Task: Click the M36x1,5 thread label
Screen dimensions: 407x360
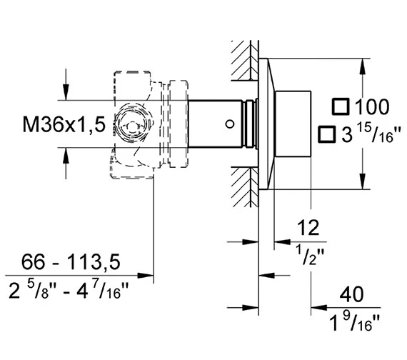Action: tap(64, 124)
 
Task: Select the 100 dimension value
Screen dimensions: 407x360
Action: tap(372, 106)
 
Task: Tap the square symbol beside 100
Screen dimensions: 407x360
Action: tap(341, 106)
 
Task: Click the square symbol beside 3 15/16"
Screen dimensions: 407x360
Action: tap(327, 134)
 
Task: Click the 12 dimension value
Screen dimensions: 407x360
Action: tap(308, 228)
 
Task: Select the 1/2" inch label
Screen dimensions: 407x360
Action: tap(311, 256)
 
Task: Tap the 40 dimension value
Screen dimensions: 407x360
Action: tap(352, 294)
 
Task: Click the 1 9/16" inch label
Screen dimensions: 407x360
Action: tap(354, 322)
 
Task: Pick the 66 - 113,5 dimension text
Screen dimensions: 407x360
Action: tap(71, 262)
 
